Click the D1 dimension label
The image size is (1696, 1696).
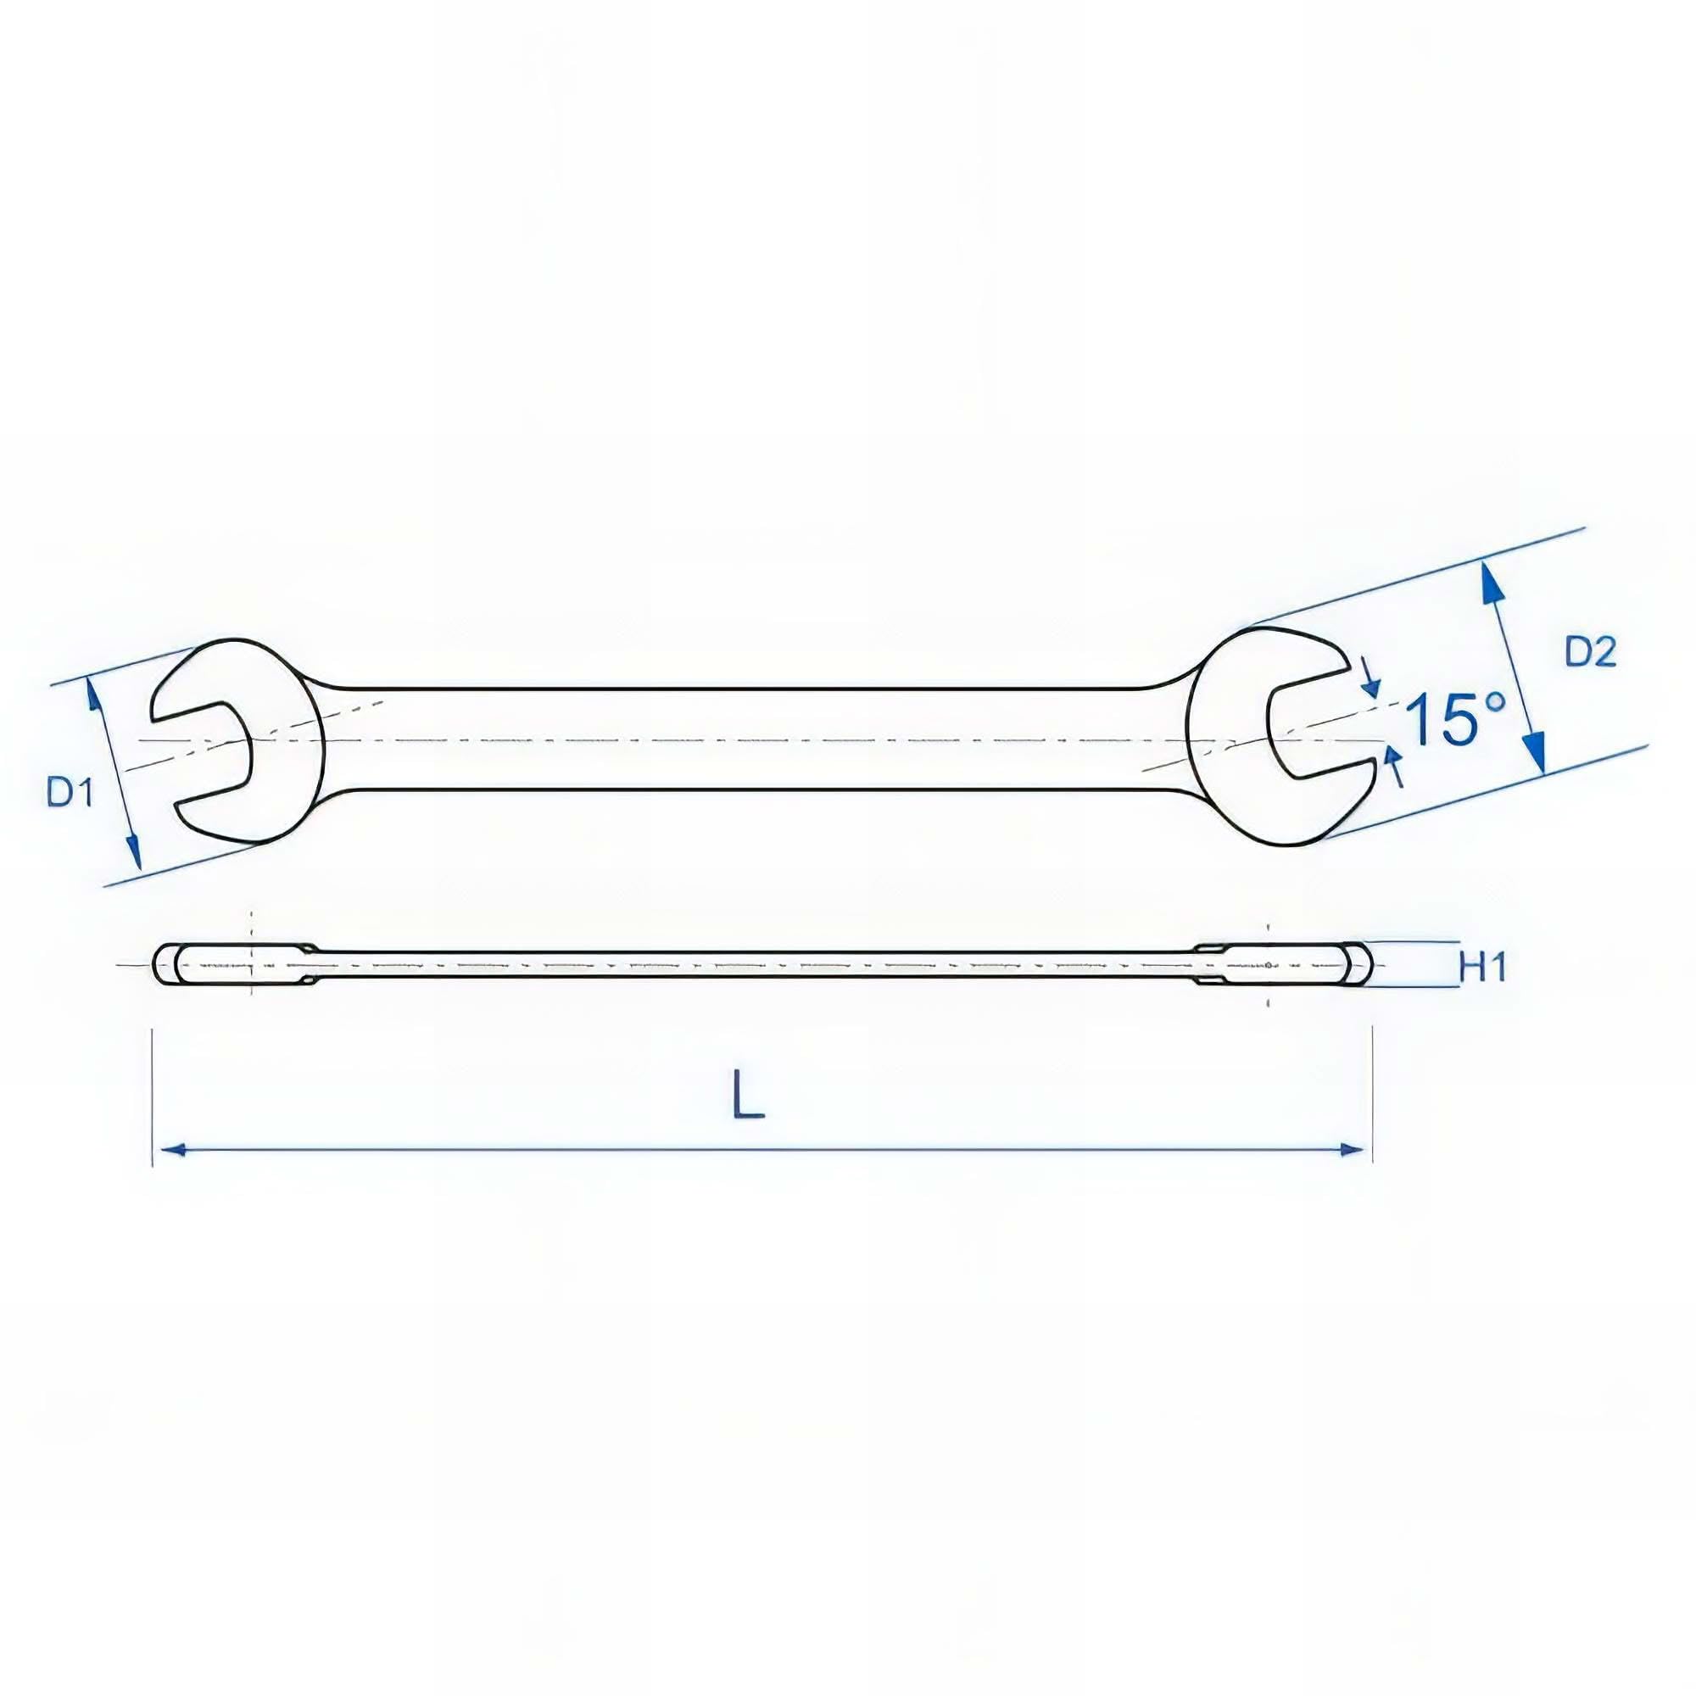(x=70, y=794)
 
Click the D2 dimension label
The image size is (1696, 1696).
(x=1590, y=652)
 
